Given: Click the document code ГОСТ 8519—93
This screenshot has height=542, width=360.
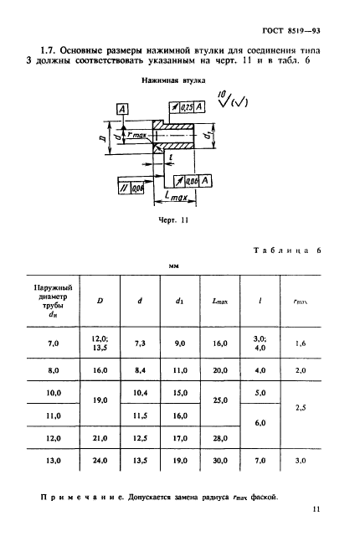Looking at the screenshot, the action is pos(291,31).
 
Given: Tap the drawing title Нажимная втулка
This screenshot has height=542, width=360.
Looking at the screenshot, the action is pos(173,80).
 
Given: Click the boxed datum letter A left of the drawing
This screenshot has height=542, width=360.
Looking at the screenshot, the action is pos(122,110).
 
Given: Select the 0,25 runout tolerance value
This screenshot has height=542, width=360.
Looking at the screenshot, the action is pos(187,107).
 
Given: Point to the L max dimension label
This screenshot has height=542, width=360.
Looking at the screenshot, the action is pos(176,196).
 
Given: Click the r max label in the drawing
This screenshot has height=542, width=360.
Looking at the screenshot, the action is pos(137,134).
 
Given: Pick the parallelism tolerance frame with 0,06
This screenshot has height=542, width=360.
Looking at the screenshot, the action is pos(131,188).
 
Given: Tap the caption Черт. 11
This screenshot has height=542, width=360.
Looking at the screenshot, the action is pos(173,220).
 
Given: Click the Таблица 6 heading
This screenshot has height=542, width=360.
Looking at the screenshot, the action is pos(287,250).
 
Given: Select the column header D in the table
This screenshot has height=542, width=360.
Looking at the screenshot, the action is pos(100,301).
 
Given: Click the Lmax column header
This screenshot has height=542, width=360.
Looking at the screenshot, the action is pos(220,302).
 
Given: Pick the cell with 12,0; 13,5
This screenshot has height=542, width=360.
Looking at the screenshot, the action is pos(100,343).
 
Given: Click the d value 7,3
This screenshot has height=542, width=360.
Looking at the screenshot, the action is pos(140,343).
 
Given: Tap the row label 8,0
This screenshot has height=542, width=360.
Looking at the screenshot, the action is pos(54,370).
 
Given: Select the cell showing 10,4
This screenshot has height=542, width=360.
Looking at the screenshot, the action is pos(140,393).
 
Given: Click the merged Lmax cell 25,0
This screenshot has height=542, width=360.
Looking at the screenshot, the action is pos(220,400).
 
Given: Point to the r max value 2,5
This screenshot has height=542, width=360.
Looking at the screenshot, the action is pos(301,408).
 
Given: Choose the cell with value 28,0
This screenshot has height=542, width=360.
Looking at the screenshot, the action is pos(220,438).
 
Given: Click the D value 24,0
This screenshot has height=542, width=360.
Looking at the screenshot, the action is pos(100,461).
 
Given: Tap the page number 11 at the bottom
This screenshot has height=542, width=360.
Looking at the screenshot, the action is pos(316,509).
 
